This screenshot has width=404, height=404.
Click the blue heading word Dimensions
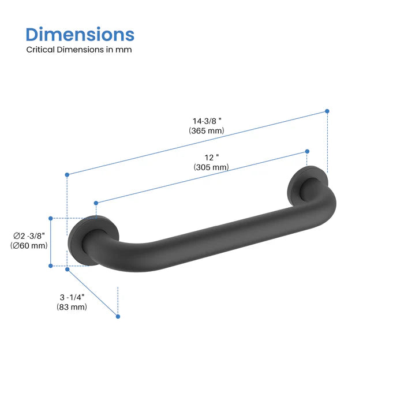click(80, 34)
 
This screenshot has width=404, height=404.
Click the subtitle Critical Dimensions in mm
click(79, 50)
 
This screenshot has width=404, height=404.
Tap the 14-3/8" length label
click(207, 121)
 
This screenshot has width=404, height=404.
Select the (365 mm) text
click(206, 131)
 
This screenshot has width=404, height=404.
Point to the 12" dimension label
click(210, 157)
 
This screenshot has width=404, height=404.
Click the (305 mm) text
click(211, 167)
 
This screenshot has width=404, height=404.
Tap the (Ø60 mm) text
click(29, 246)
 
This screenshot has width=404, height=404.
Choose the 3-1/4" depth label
click(72, 297)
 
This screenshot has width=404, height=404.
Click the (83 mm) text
click(72, 307)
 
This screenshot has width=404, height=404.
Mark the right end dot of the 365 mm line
click(327, 111)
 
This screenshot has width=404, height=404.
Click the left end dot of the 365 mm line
click(67, 174)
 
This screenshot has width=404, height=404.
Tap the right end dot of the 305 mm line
click(306, 152)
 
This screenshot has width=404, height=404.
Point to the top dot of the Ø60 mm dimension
click(51, 218)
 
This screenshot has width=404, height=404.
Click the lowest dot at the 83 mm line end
click(118, 316)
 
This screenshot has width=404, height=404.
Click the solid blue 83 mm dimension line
click(92, 293)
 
